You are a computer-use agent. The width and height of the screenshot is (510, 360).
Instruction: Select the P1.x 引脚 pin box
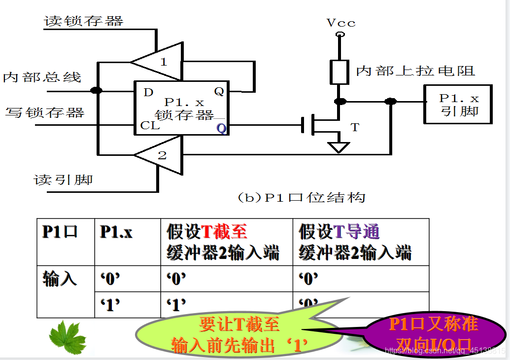[x=458, y=104]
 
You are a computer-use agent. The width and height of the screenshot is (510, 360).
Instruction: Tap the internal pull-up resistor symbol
[x=340, y=72]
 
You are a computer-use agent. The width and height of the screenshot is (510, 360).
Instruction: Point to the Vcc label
[x=340, y=23]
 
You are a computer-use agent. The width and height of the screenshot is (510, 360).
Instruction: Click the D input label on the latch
[x=148, y=92]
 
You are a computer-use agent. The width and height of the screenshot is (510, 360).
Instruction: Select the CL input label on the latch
[x=150, y=125]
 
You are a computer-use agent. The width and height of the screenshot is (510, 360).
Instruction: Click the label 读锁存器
[x=84, y=21]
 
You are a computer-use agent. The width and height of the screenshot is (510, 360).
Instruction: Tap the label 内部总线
[x=42, y=77]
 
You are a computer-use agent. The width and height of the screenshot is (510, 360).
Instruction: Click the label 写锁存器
[x=45, y=112]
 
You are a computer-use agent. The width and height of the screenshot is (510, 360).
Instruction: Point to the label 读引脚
[x=63, y=179]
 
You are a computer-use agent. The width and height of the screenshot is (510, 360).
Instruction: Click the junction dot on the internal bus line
[x=97, y=90]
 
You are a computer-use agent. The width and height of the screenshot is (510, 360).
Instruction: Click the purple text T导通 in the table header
[x=357, y=232]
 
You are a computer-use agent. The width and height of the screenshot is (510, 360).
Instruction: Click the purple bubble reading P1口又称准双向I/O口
[x=434, y=334]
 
